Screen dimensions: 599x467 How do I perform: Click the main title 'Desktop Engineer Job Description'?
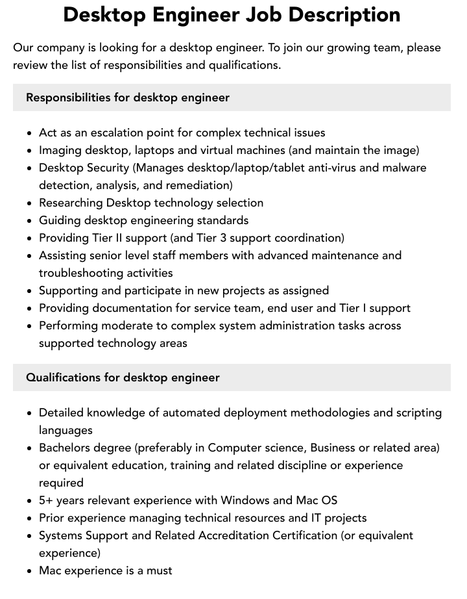point(232,14)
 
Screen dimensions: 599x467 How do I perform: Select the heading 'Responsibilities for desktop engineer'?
point(128,97)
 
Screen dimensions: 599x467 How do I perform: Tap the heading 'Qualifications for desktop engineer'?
point(123,377)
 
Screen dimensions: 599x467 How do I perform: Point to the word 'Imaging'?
point(60,150)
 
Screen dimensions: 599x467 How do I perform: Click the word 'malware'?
point(405,168)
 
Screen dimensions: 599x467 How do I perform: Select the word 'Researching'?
point(71,203)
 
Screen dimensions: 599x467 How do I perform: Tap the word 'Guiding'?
point(60,220)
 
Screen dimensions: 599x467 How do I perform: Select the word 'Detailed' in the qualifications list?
point(61,413)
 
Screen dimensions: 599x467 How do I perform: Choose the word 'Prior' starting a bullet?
point(52,518)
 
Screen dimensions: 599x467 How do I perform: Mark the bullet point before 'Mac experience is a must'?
point(30,571)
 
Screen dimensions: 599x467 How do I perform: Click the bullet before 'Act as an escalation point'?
point(30,133)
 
